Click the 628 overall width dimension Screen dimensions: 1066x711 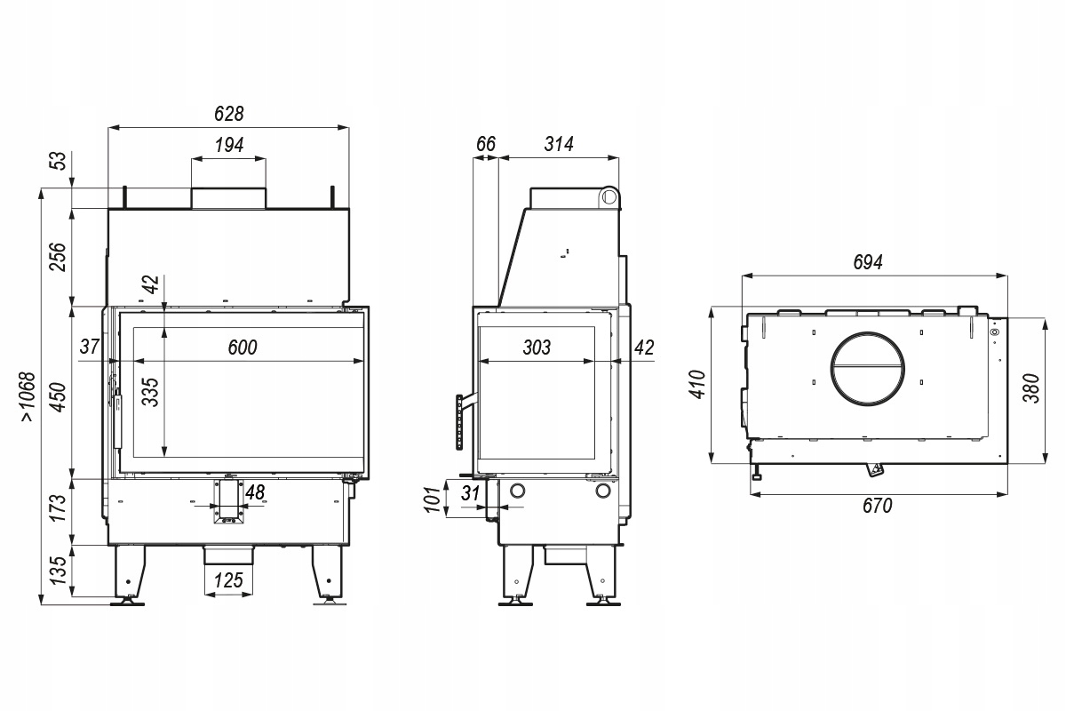click(x=229, y=114)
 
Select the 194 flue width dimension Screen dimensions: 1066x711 click(x=229, y=144)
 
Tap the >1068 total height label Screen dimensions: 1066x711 click(x=28, y=396)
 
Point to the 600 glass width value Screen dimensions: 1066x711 click(x=243, y=348)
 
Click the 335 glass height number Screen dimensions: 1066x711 click(x=150, y=392)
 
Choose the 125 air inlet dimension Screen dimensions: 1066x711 click(x=228, y=580)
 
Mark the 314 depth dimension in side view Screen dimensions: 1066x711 click(x=559, y=143)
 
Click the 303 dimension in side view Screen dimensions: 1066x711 click(x=537, y=348)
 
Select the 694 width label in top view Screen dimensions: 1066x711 click(x=868, y=262)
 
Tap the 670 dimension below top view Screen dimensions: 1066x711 click(x=877, y=506)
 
